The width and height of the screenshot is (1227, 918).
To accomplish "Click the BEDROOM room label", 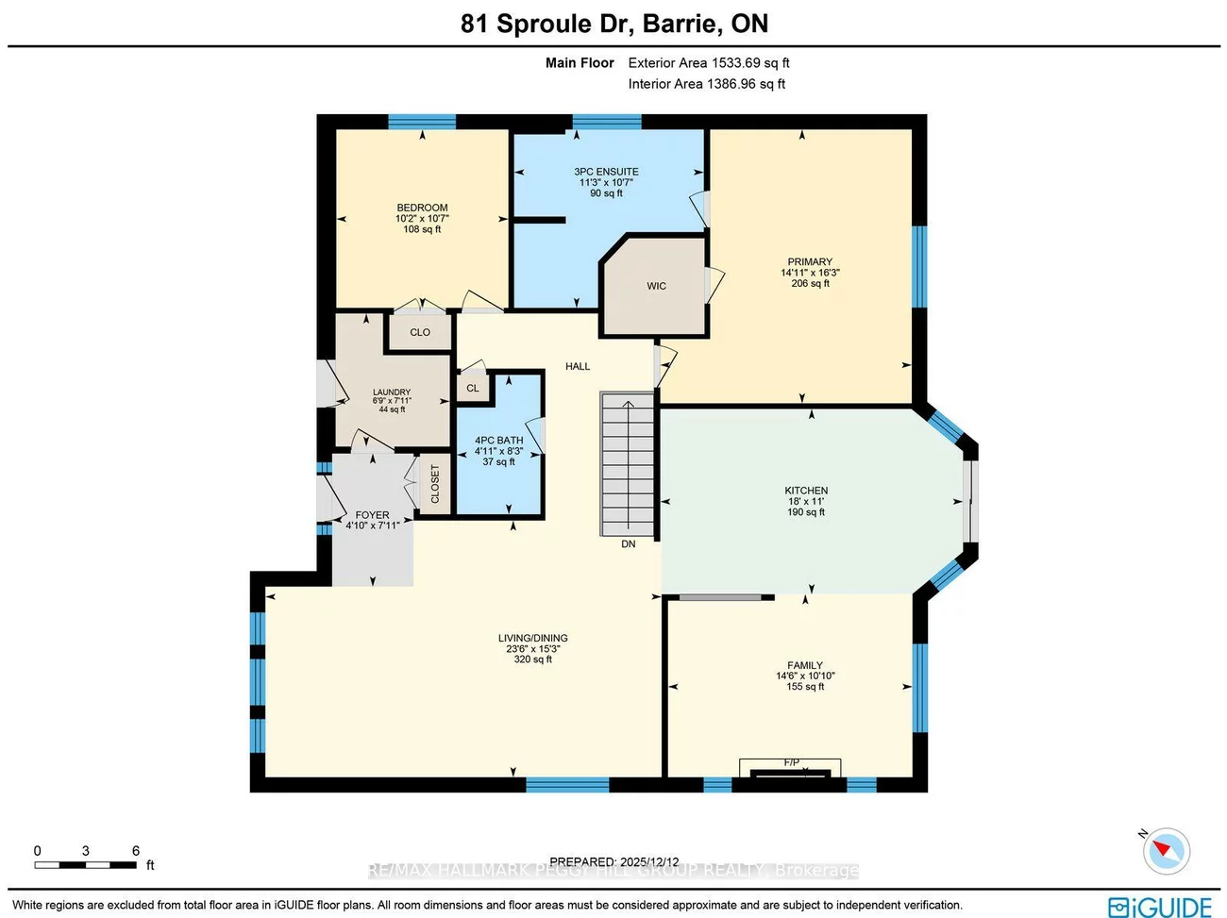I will click(422, 208).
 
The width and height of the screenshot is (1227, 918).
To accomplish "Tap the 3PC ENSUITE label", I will click(606, 172).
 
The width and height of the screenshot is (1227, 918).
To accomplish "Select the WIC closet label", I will click(656, 286).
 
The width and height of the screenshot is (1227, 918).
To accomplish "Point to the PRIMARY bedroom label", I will click(810, 262).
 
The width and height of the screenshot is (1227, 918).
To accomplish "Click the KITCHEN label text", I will click(806, 491).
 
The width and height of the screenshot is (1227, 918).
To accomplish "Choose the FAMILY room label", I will click(805, 665).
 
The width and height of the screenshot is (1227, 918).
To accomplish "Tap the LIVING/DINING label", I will click(533, 638).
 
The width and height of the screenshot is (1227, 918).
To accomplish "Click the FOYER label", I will click(372, 515).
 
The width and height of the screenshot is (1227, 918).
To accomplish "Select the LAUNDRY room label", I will click(392, 392).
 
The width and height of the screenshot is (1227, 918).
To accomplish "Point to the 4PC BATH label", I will click(498, 441).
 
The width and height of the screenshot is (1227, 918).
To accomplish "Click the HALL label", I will click(578, 366).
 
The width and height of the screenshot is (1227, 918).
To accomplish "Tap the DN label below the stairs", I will click(629, 544).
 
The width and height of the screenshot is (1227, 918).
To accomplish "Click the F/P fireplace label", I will click(791, 762).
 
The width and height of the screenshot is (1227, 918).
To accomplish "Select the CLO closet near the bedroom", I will click(420, 332).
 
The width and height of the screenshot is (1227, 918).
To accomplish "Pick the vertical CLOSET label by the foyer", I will click(435, 484).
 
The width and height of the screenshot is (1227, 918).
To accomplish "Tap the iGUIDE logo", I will click(1160, 907).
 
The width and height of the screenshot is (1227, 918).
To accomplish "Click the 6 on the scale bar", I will click(136, 851).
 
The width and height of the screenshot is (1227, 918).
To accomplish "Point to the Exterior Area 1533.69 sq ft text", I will click(709, 63).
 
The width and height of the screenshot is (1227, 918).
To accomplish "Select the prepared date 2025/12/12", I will click(649, 861).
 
